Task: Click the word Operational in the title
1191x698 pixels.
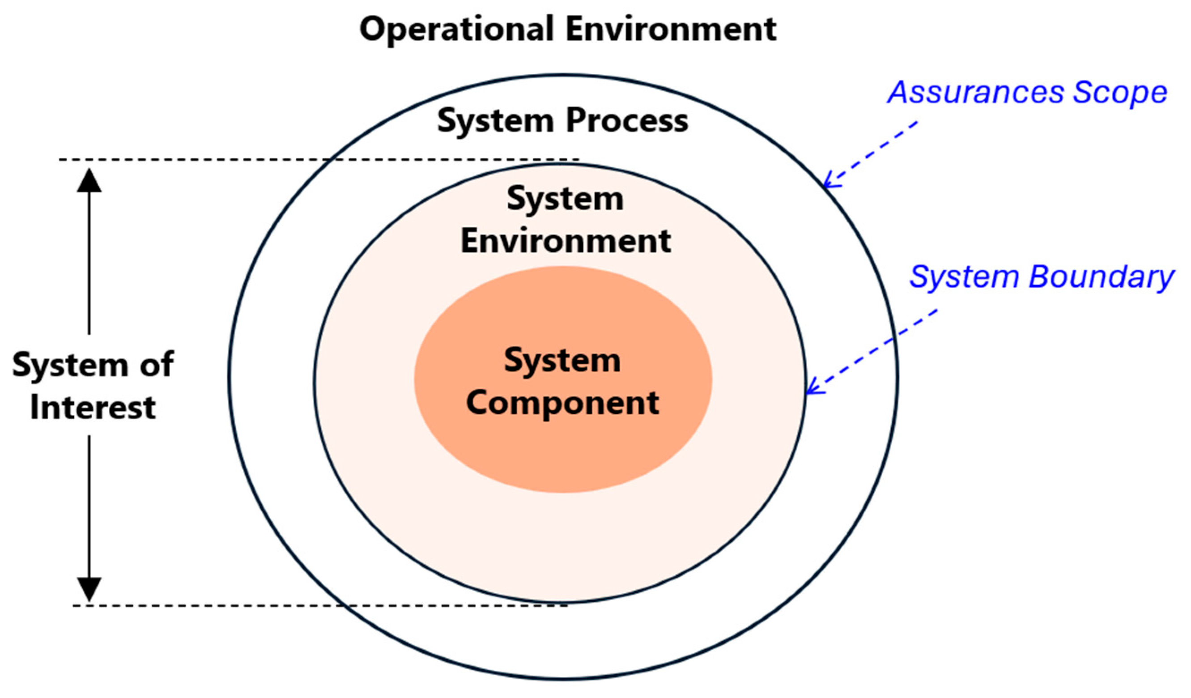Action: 456,29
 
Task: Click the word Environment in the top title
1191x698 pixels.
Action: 671,29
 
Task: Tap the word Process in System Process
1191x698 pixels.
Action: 627,121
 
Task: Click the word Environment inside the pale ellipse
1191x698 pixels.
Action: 566,241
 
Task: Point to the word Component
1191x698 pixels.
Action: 562,403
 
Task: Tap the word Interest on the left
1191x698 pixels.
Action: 93,407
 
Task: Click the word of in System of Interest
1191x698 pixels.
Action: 156,365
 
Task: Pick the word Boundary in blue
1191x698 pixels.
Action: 1101,277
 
